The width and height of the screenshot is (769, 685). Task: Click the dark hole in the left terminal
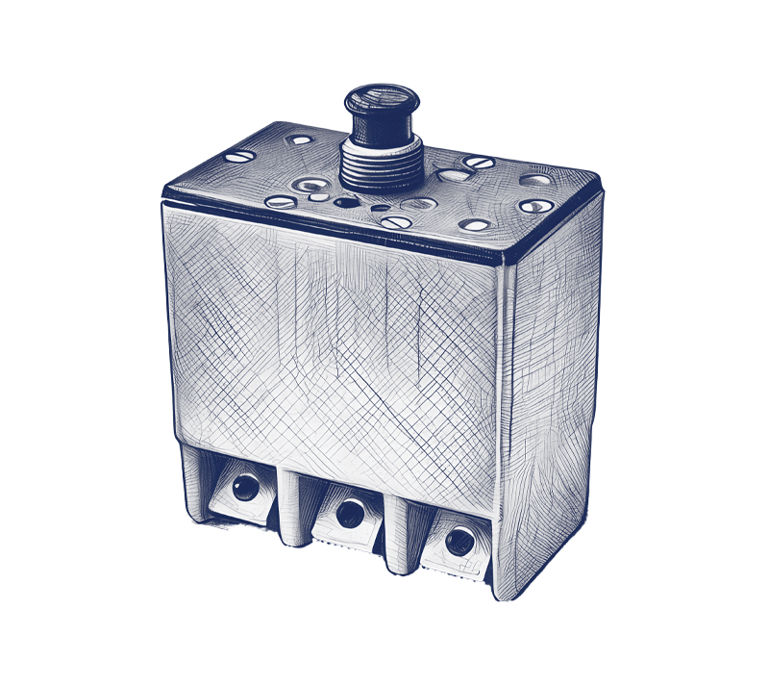click(x=243, y=488)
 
